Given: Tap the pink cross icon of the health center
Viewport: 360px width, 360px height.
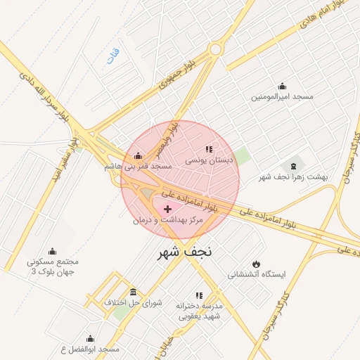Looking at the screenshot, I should (x=167, y=209).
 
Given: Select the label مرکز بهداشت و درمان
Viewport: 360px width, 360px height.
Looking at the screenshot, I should (x=167, y=220).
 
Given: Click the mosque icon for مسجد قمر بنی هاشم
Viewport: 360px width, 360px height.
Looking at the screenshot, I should (x=138, y=156).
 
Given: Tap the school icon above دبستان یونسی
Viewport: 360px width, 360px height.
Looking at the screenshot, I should (x=208, y=149).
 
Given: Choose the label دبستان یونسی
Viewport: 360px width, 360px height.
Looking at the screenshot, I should (x=209, y=160).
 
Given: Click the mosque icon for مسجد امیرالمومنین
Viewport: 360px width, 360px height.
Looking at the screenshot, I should (x=283, y=86).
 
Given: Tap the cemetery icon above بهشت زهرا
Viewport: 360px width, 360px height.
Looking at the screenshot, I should (x=293, y=165).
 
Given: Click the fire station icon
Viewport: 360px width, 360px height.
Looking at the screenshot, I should (x=255, y=263).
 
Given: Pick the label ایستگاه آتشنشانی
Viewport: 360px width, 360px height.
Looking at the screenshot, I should (x=255, y=274).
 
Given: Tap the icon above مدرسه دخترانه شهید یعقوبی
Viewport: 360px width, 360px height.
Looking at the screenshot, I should (x=199, y=295).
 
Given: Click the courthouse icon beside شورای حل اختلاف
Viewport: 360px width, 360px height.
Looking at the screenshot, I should (x=134, y=292).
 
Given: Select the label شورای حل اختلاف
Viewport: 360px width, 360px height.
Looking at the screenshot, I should (x=133, y=303).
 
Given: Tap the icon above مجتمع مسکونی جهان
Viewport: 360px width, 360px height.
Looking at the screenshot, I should (x=52, y=251).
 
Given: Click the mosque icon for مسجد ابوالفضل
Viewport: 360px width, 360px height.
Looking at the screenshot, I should (x=90, y=338).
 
